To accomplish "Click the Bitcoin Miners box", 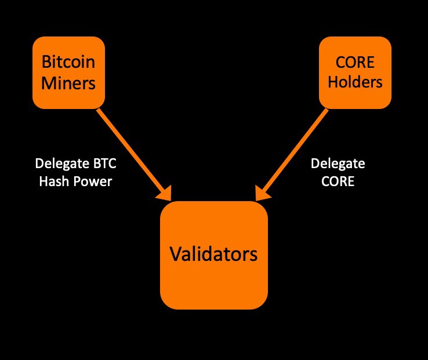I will [68, 72].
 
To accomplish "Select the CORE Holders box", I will [355, 72].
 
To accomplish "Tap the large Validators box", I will [213, 255].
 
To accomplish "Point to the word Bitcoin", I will [68, 61].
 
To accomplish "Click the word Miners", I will [68, 83].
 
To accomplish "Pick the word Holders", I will [355, 82].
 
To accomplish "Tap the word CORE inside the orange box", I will [355, 61].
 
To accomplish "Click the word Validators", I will [213, 254].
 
